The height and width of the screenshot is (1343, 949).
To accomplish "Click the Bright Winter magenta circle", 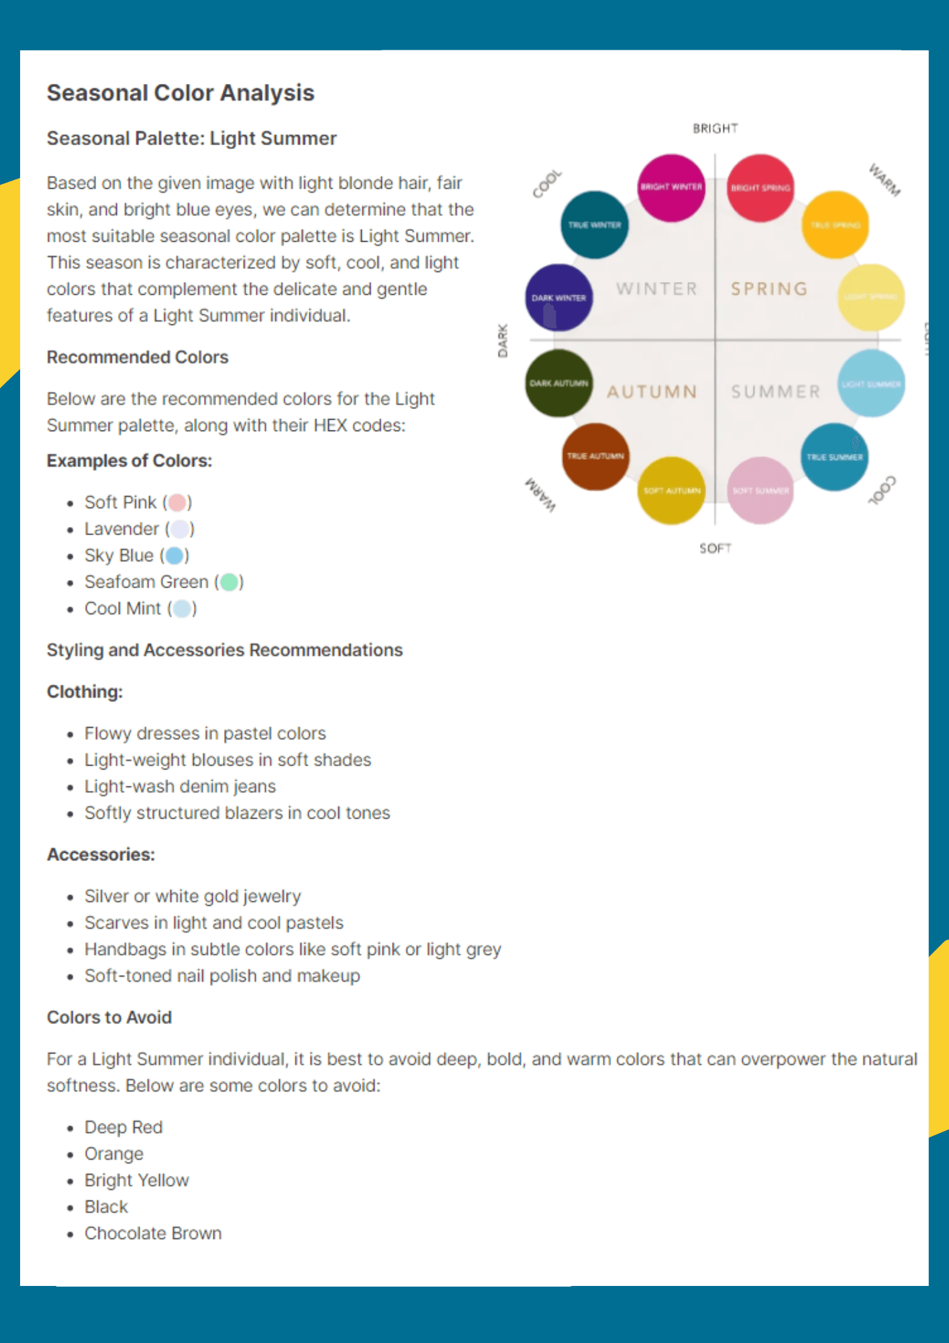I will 670,187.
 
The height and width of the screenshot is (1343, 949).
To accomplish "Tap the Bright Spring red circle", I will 760,188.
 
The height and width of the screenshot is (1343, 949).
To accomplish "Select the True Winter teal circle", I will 595,224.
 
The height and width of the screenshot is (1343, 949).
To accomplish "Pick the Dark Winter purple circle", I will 558,297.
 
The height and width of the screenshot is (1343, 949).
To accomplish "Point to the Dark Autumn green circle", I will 558,383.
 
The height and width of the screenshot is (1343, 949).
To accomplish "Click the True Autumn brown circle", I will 595,456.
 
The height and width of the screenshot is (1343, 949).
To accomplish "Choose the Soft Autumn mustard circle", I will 671,490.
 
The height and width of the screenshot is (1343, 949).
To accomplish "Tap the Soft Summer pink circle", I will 760,490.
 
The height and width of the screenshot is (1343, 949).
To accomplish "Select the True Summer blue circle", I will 834,457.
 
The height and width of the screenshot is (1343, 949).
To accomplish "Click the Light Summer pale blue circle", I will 871,383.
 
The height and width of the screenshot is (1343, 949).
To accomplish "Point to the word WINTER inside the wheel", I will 656,289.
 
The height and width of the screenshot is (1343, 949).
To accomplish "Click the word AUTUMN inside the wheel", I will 652,391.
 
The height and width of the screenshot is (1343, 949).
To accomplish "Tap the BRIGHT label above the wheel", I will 715,128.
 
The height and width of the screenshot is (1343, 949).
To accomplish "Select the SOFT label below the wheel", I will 715,549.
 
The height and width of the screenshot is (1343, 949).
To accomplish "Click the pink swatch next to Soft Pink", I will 177,502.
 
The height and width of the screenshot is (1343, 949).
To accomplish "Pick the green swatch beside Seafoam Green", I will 230,582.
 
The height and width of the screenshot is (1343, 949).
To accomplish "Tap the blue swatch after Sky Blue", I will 174,555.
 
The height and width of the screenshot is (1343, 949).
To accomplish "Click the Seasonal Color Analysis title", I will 181,93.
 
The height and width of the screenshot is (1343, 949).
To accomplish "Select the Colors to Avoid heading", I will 109,1017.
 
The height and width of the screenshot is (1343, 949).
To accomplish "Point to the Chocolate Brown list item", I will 153,1234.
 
